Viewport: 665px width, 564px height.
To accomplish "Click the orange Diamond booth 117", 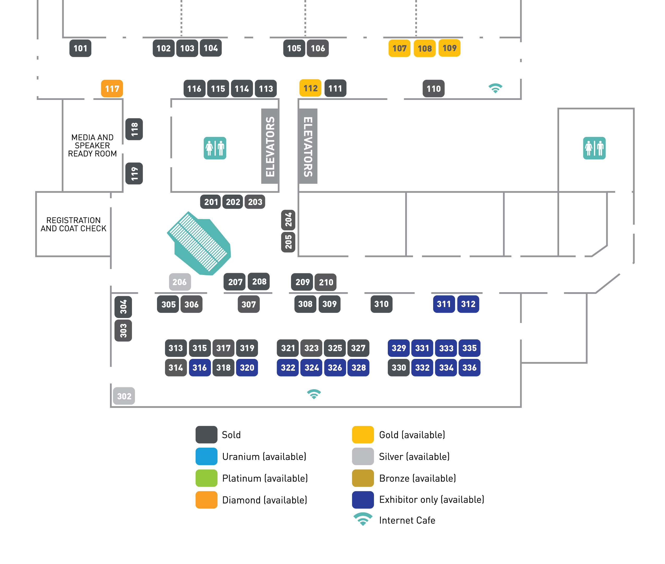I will pyautogui.click(x=112, y=88).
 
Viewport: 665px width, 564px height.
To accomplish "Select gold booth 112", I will pyautogui.click(x=310, y=88).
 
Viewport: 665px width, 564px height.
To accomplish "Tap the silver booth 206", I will pyautogui.click(x=180, y=282).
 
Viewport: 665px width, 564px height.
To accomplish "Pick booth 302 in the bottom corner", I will pyautogui.click(x=124, y=396).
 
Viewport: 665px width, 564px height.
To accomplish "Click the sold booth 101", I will pyautogui.click(x=80, y=48).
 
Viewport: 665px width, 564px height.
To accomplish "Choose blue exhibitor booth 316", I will pyautogui.click(x=199, y=368).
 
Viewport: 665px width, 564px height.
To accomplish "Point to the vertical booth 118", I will pyautogui.click(x=134, y=129).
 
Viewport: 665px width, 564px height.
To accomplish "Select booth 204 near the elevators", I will pyautogui.click(x=288, y=220).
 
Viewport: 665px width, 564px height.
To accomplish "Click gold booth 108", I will pyautogui.click(x=424, y=49).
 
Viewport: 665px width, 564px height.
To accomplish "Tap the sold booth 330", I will pyautogui.click(x=398, y=368).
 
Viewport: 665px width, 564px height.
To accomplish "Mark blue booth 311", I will pyautogui.click(x=444, y=304).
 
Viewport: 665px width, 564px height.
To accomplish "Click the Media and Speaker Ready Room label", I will pyautogui.click(x=92, y=146).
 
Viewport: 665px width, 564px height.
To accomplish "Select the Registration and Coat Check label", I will pyautogui.click(x=74, y=224).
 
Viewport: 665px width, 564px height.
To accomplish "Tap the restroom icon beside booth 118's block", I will pyautogui.click(x=215, y=148).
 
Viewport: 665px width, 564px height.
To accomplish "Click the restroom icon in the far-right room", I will pyautogui.click(x=594, y=148).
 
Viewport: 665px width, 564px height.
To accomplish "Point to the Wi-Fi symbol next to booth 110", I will pyautogui.click(x=495, y=88).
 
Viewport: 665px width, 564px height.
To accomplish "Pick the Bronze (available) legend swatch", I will pyautogui.click(x=363, y=478).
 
